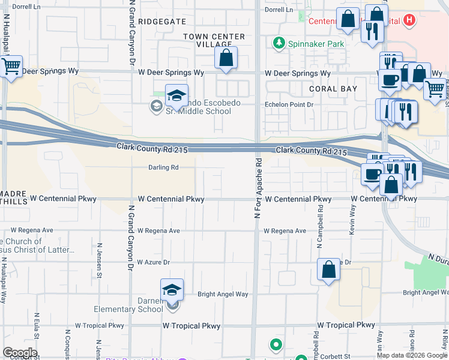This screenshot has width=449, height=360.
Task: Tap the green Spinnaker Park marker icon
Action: click(x=279, y=43)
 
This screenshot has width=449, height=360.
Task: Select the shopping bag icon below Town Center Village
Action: click(x=226, y=59)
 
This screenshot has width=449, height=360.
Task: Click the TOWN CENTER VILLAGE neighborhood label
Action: click(x=214, y=41)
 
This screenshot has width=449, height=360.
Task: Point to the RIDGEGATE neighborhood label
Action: click(x=162, y=21)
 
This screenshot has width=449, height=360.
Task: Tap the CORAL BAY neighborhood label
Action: click(x=333, y=89)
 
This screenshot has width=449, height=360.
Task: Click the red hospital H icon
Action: click(x=409, y=21)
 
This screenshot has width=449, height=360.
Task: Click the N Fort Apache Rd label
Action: click(x=259, y=188)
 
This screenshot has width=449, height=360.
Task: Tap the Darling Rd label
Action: click(x=164, y=168)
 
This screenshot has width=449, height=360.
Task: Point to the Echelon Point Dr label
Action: click(x=290, y=104)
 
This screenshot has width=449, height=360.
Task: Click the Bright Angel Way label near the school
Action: click(x=223, y=295)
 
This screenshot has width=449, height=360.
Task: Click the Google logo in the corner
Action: click(x=19, y=353)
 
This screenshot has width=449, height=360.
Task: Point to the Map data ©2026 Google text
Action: click(x=412, y=355)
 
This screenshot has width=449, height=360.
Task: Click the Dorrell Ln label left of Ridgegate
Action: click(x=25, y=6)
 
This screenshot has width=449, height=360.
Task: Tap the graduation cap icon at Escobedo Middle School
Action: click(x=176, y=96)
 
